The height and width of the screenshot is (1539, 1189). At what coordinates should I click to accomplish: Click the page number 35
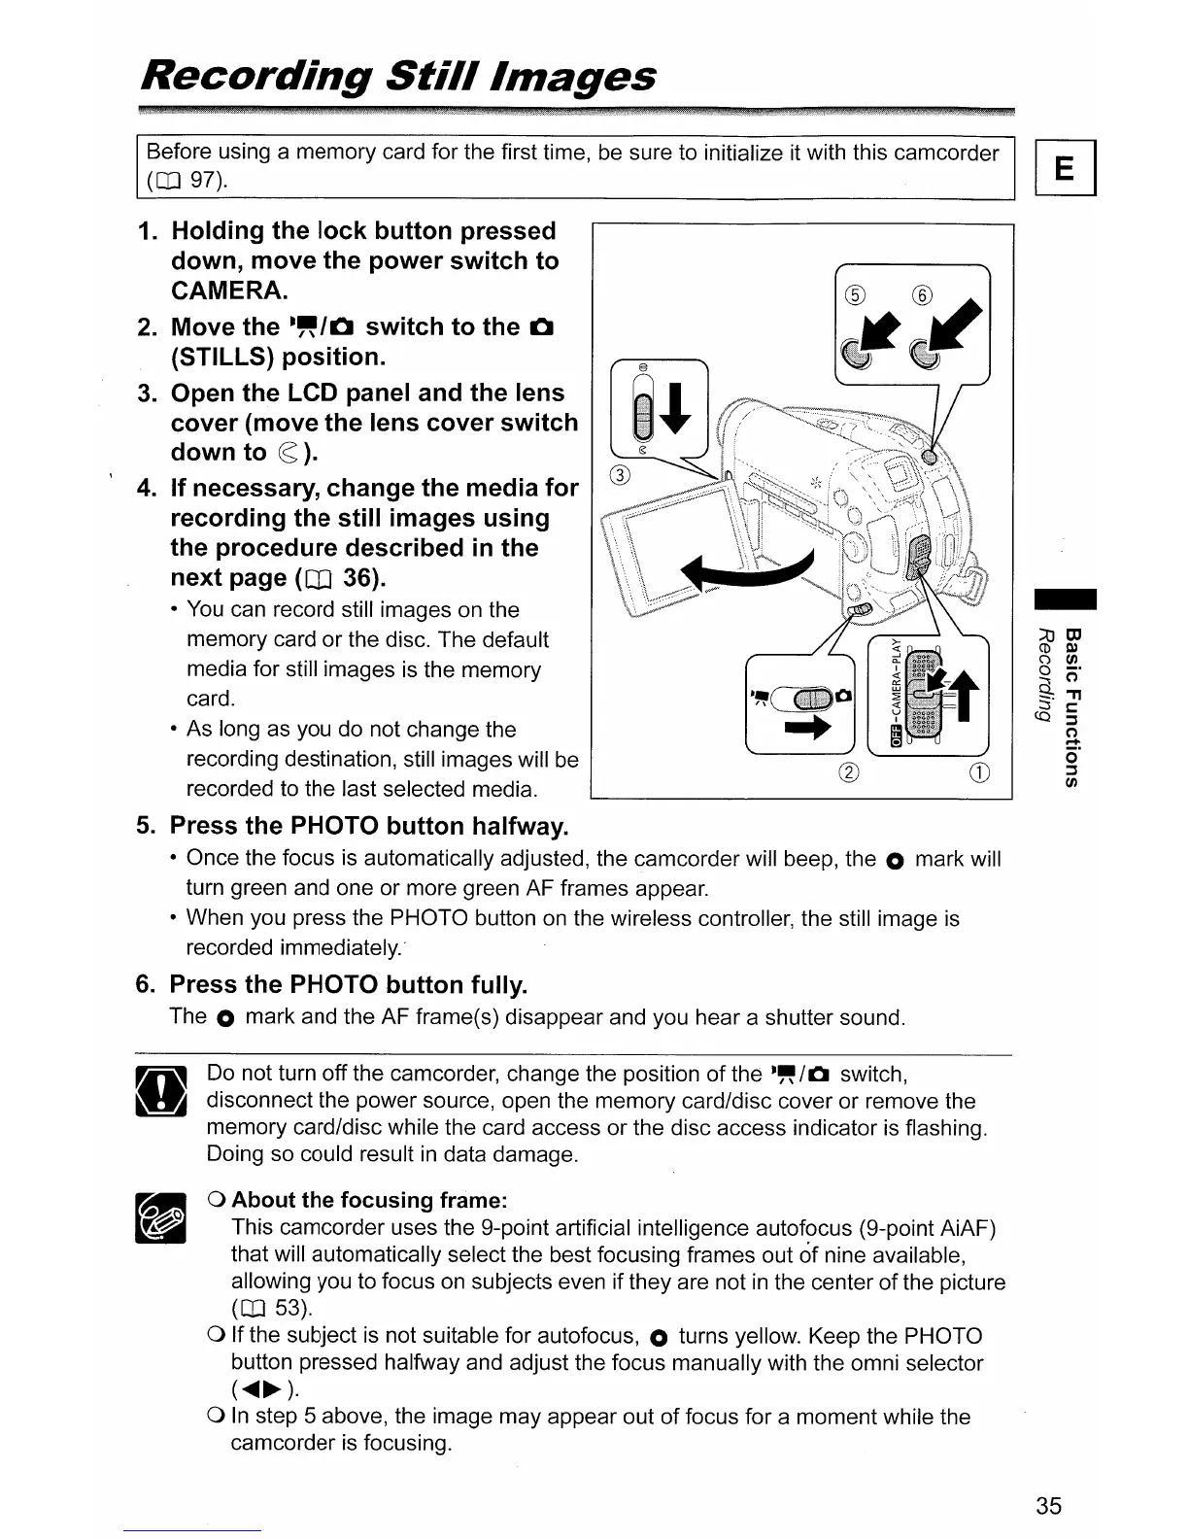1048,1506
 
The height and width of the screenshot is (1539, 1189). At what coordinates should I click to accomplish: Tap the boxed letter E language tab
1065,170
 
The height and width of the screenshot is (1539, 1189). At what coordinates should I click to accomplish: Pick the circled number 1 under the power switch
978,773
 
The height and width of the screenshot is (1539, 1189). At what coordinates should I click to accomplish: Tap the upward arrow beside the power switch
965,690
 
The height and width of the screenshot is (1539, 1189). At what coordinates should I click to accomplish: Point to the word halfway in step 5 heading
520,827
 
